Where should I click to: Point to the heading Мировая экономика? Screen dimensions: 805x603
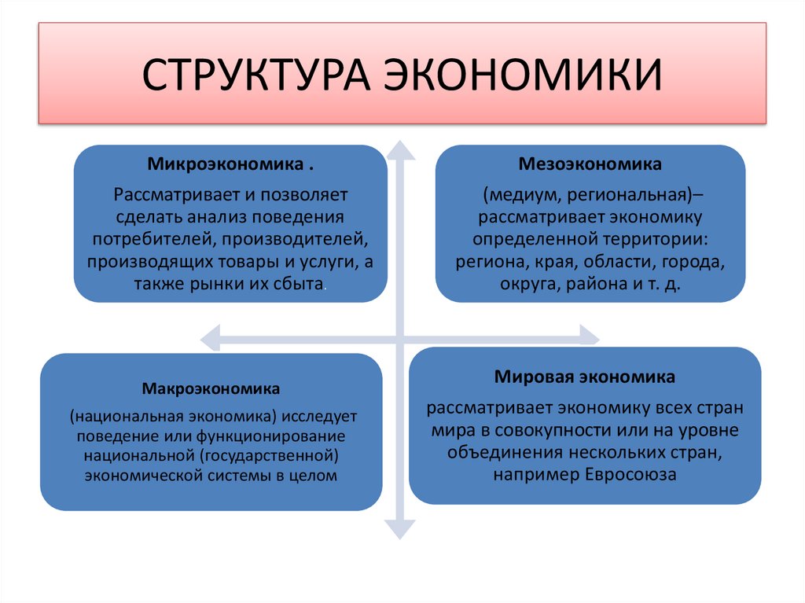(585, 377)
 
